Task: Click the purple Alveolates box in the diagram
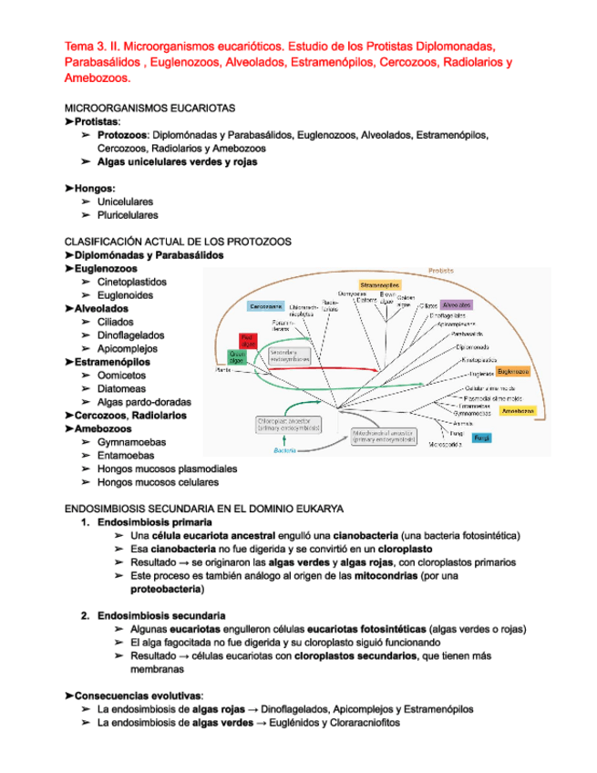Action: coord(456,304)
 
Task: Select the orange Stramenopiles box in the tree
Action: coord(380,286)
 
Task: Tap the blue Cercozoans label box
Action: coord(264,305)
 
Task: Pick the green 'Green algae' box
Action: coord(237,356)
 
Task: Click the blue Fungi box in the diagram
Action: coord(483,438)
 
